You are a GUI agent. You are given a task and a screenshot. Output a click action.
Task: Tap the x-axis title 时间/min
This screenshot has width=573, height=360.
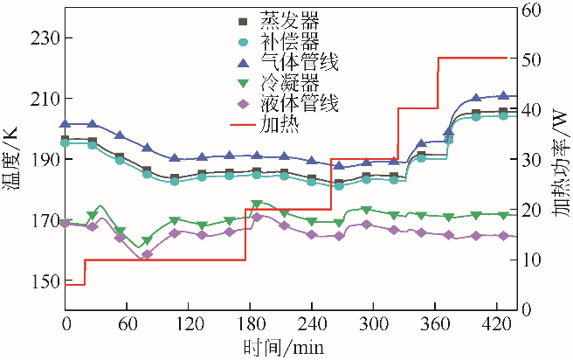point(285,346)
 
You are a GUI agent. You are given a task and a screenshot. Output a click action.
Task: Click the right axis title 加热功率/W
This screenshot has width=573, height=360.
point(559,159)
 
